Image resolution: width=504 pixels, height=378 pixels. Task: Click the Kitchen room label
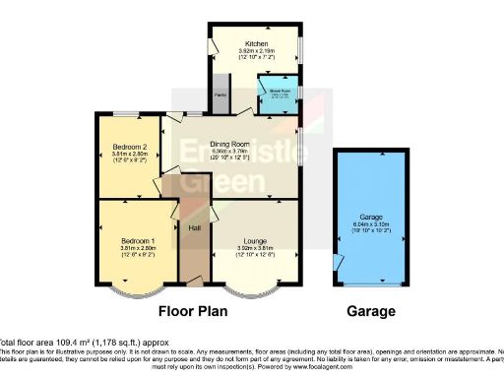tap(256, 43)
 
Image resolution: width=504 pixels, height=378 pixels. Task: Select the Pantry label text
tap(220, 95)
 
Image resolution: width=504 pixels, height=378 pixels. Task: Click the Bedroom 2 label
tap(130, 147)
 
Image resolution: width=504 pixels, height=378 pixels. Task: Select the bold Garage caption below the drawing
tap(372, 311)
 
